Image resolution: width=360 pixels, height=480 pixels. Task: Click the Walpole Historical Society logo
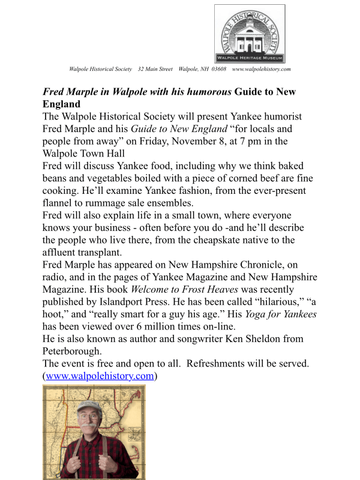(x=250, y=34)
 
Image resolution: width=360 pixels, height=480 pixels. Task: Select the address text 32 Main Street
(x=155, y=70)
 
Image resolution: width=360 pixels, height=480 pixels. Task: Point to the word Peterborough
(x=73, y=351)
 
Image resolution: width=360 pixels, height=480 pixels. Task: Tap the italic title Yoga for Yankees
(x=279, y=314)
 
